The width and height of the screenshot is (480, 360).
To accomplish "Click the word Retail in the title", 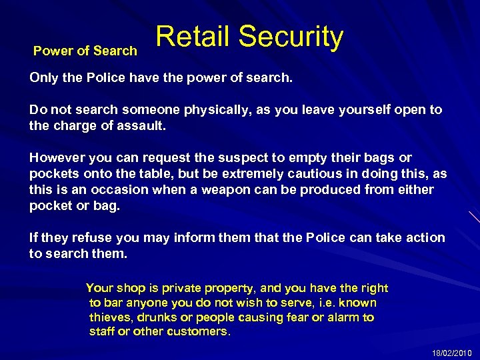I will point(193,37).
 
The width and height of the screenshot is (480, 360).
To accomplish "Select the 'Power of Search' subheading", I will point(85,51).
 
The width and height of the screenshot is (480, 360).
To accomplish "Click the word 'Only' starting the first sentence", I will point(43,78).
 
